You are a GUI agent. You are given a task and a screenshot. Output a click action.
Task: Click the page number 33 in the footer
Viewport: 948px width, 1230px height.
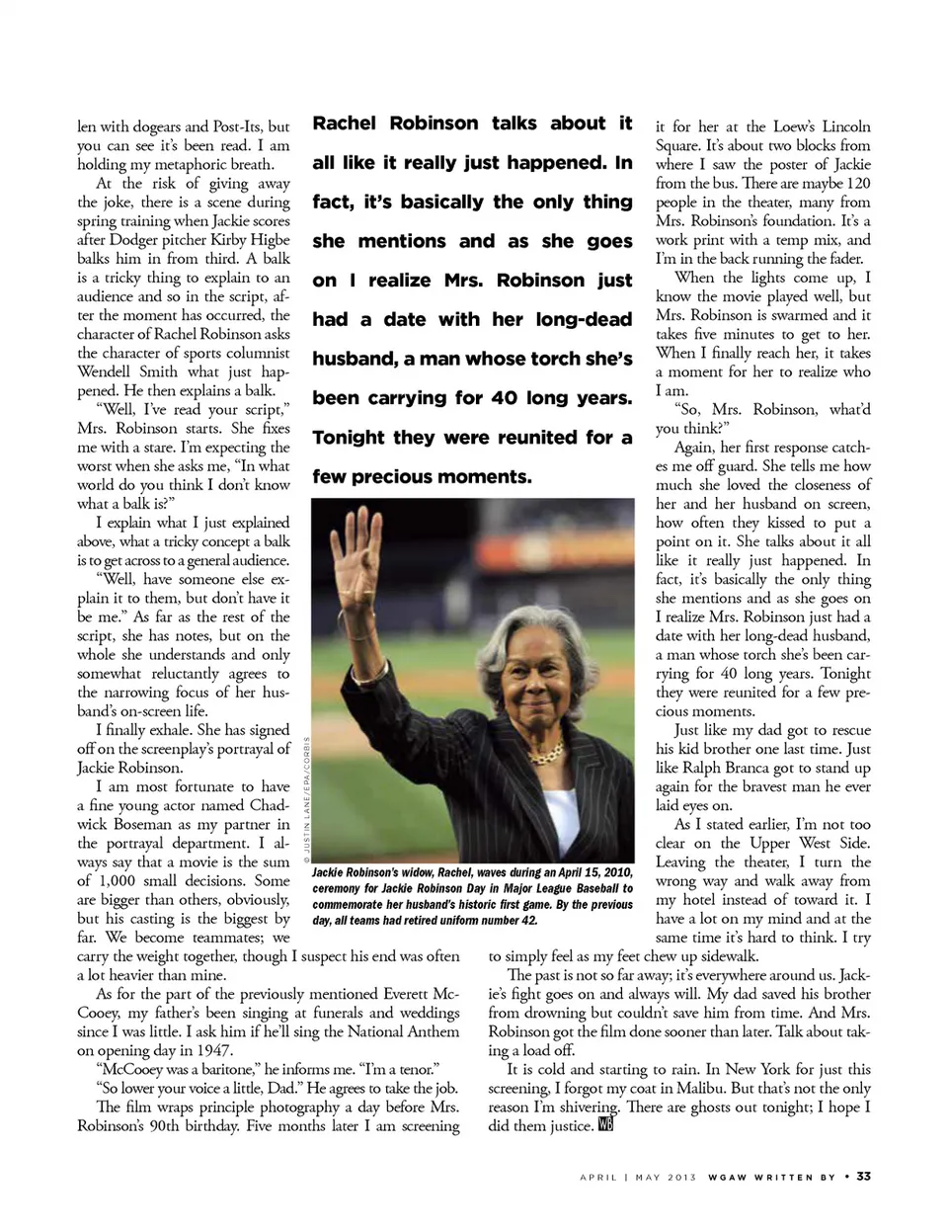click(x=863, y=1177)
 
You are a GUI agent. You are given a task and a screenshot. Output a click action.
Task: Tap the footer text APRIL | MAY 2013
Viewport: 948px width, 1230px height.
click(x=638, y=1177)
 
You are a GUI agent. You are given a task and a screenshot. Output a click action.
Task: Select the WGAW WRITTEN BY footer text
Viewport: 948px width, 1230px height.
click(x=771, y=1177)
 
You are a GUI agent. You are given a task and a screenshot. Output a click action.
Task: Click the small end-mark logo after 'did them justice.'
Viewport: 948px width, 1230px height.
click(x=605, y=1125)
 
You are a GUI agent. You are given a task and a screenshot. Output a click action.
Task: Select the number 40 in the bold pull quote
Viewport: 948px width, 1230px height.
click(x=504, y=398)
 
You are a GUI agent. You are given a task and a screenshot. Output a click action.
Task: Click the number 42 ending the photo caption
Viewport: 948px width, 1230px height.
click(x=529, y=920)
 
